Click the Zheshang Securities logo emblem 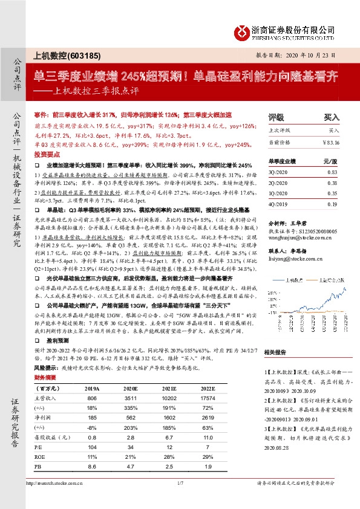(242, 31)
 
